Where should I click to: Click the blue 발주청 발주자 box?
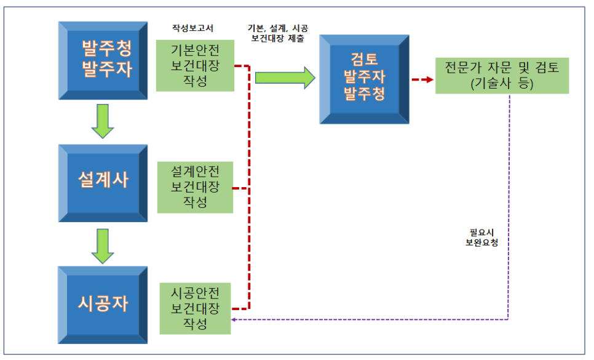pyautogui.click(x=103, y=60)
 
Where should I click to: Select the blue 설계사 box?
pyautogui.click(x=103, y=183)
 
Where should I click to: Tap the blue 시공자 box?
pyautogui.click(x=103, y=304)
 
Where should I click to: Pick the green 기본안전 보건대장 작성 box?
pyautogui.click(x=195, y=65)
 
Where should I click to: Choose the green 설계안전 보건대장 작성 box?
pyautogui.click(x=195, y=187)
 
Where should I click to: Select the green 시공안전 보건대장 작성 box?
pyautogui.click(x=195, y=308)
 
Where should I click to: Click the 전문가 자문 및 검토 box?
pyautogui.click(x=502, y=76)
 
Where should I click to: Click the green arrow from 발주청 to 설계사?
pyautogui.click(x=103, y=121)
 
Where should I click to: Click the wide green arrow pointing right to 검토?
pyautogui.click(x=285, y=77)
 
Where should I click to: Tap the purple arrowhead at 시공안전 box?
pyautogui.click(x=235, y=319)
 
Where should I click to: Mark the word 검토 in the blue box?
pyautogui.click(x=364, y=60)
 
